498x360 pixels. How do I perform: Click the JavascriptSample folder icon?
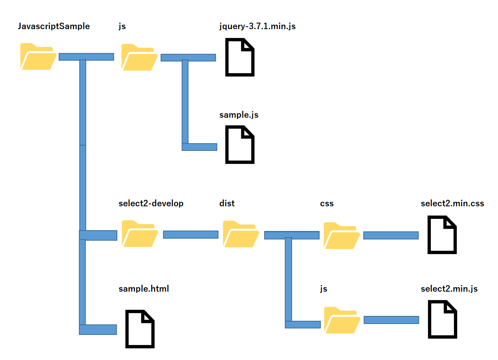pos(38,57)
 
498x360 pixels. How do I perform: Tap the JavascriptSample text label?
pos(54,27)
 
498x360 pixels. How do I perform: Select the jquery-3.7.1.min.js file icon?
pos(240,57)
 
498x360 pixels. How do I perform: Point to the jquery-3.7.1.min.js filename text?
pos(257,27)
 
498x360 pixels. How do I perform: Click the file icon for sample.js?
pos(240,145)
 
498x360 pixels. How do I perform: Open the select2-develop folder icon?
pos(140,234)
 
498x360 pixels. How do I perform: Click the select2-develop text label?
pos(151,203)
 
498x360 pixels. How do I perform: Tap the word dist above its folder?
pos(227,203)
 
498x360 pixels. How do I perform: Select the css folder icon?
pos(342,235)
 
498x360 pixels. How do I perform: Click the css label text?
pos(327,203)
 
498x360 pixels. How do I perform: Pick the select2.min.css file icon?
pos(442,235)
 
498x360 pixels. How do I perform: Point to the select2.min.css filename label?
pos(452,203)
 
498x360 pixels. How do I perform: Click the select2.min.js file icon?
pos(442,320)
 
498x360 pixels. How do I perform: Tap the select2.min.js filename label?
pos(449,289)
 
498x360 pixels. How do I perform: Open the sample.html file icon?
pos(140,329)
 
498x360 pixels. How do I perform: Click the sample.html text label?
pos(144,289)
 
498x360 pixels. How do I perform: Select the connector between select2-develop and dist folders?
pos(191,234)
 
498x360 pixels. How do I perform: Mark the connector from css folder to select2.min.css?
pos(391,235)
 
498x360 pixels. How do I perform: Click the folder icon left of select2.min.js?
pos(342,320)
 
